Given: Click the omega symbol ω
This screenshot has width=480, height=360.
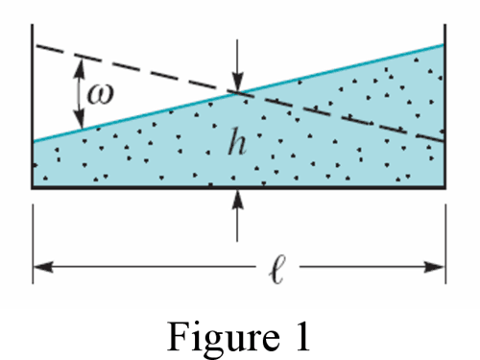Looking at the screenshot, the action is [x=98, y=93].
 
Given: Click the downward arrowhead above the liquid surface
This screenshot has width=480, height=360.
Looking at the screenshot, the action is [x=237, y=84].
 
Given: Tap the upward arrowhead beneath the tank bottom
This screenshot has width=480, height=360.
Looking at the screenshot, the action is [x=237, y=197].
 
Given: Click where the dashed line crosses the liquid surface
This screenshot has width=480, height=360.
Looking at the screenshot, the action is [x=237, y=92].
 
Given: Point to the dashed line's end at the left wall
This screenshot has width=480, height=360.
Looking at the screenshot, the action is [x=35, y=44].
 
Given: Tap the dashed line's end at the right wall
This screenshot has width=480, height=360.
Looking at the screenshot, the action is [x=444, y=140].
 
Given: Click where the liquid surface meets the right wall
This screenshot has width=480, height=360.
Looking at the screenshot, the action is [x=444, y=44].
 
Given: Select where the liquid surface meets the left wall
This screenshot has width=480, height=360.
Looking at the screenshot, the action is [x=35, y=141].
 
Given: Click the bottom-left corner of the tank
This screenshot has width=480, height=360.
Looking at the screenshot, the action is [x=35, y=188].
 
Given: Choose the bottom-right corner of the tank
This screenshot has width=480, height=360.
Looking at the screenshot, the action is [x=445, y=188].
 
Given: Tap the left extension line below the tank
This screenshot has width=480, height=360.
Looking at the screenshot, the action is [x=35, y=240].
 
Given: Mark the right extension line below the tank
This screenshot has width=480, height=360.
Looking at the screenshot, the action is [x=445, y=240].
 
